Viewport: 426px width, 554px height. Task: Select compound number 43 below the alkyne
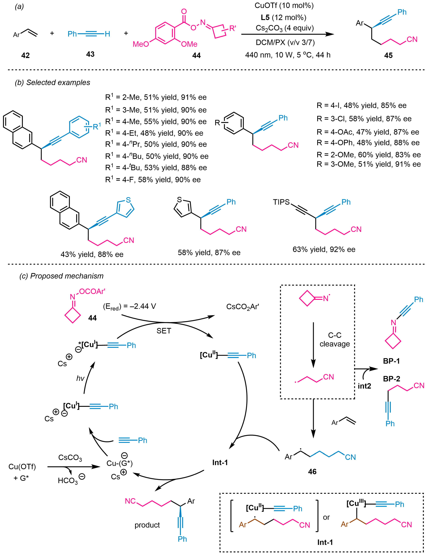click(90, 54)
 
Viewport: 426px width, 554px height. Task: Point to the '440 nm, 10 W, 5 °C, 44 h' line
click(288, 55)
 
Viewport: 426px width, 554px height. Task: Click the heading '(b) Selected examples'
click(53, 82)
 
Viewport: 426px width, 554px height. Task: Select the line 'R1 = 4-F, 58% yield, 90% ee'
click(153, 180)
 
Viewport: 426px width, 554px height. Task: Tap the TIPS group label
click(281, 202)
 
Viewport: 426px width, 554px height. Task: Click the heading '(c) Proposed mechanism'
click(61, 276)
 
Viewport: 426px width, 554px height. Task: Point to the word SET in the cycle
click(164, 331)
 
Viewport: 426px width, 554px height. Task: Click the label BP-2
click(391, 379)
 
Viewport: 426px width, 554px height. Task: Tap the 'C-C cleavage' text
click(334, 339)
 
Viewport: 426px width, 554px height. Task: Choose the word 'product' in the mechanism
click(147, 525)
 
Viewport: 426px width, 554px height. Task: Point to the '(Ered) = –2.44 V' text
click(129, 306)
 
